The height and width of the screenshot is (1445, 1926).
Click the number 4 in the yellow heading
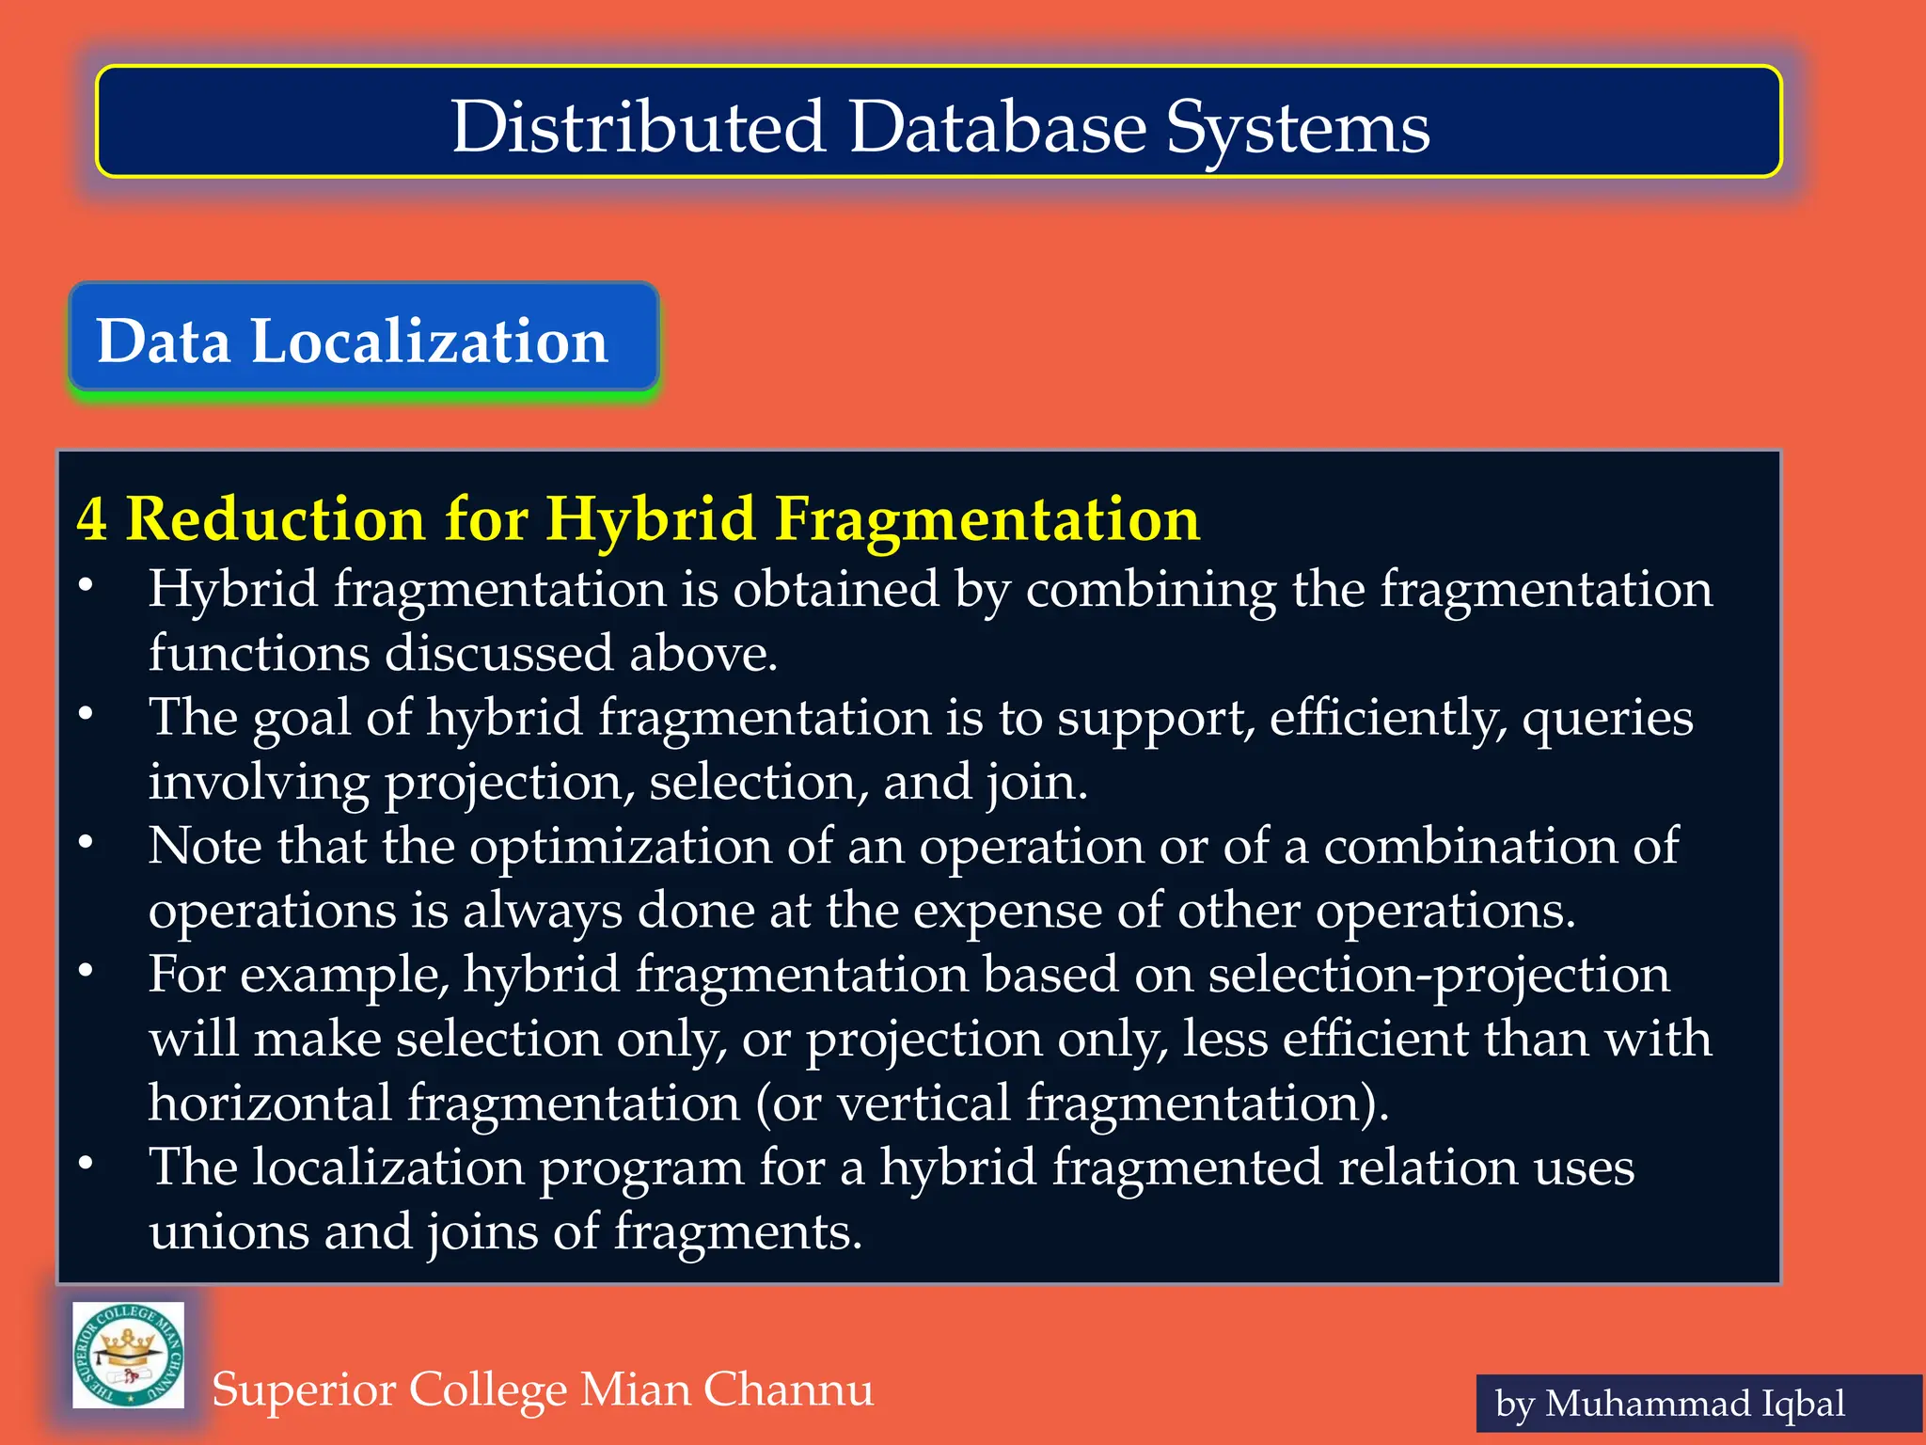tap(91, 518)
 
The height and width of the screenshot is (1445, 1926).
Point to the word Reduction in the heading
tap(275, 518)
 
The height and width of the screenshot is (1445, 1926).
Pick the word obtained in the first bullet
tap(836, 590)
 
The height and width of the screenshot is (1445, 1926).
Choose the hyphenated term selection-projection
tap(1439, 975)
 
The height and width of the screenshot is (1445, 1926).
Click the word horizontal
tap(270, 1103)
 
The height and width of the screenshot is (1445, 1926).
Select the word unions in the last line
tap(229, 1231)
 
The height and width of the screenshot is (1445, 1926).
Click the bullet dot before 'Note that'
tap(86, 842)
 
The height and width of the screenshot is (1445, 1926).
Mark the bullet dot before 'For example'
tap(86, 970)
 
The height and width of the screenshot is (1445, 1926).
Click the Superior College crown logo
tap(129, 1356)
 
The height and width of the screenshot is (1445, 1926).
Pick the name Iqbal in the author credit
tap(1804, 1404)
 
